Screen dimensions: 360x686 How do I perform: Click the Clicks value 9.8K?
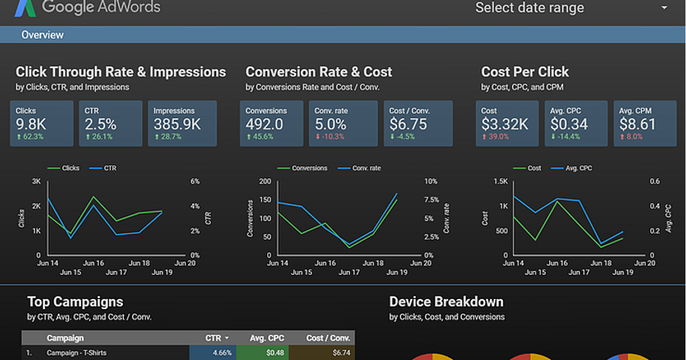pos(31,124)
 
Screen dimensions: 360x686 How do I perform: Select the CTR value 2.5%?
pos(100,124)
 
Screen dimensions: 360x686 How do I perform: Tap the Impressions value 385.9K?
pos(178,124)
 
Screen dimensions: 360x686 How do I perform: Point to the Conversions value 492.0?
pos(264,124)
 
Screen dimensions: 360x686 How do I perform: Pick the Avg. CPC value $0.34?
pos(568,124)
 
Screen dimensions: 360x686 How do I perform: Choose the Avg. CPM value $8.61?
pos(637,124)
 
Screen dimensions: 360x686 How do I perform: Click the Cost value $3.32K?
pos(504,124)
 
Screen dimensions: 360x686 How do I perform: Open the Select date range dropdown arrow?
pos(664,8)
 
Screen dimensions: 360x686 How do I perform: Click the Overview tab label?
pos(42,35)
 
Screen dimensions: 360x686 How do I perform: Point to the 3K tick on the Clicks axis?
pos(36,182)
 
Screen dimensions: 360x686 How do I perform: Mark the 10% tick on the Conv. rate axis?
pos(431,182)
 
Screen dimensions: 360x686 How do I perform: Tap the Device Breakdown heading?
pos(446,301)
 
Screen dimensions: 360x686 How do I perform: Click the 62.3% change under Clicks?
pos(32,137)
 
